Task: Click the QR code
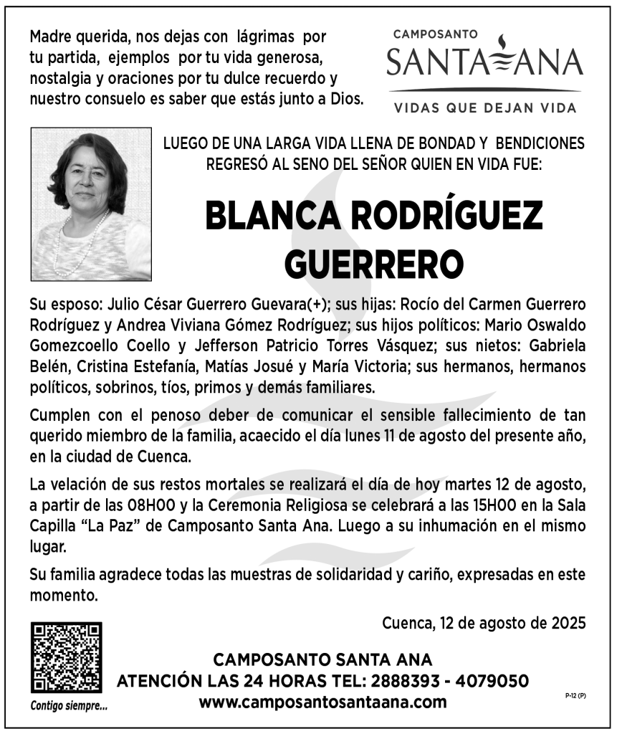click(x=65, y=657)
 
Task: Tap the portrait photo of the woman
click(x=91, y=204)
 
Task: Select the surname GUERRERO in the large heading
click(x=373, y=262)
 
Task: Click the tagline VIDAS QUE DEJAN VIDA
click(x=484, y=109)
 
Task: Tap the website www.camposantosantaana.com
click(x=322, y=702)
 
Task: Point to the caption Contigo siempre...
click(x=69, y=705)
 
